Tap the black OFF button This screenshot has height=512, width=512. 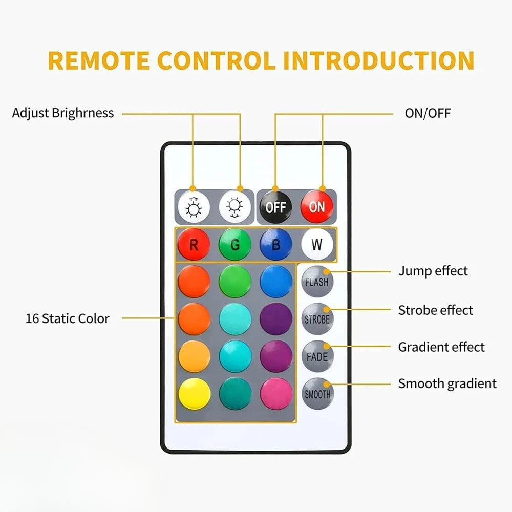pos(276,207)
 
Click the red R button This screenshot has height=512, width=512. pos(194,245)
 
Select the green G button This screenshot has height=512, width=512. pos(235,245)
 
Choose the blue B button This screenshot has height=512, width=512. pos(276,245)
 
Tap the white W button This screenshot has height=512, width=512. pos(317,245)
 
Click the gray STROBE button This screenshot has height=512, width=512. pos(317,319)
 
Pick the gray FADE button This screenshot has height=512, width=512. pos(317,356)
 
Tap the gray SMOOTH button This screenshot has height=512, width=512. pos(317,394)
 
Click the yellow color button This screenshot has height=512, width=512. pos(194,394)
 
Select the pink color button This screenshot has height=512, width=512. pos(276,394)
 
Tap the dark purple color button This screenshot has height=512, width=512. pos(276,319)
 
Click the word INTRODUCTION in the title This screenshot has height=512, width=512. pos(379,60)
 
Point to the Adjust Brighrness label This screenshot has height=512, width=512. pos(63,113)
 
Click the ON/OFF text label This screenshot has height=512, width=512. pos(428,113)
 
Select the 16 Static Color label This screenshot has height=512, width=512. pos(68,318)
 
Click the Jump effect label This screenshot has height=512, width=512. pos(433,271)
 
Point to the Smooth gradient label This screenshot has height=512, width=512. pos(447,383)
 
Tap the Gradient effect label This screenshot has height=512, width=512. pos(441,347)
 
